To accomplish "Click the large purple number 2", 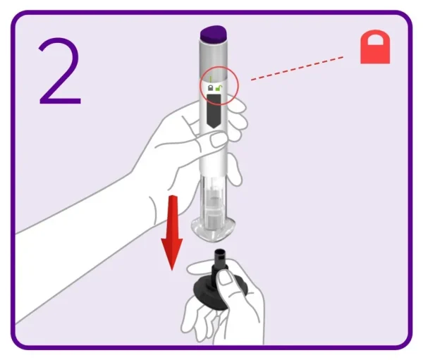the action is [x=60, y=71].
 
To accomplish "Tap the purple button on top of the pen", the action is [x=214, y=34].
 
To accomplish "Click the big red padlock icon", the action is [x=375, y=47].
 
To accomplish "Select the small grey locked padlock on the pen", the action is [x=210, y=87].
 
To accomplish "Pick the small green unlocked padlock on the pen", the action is [x=219, y=88].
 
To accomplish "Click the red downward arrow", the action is [x=172, y=232].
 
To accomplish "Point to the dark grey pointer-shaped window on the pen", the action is [x=214, y=111].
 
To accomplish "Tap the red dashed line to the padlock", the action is [x=297, y=68].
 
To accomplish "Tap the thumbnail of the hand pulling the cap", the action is [x=226, y=278].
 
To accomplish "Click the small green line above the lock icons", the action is [x=210, y=79].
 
